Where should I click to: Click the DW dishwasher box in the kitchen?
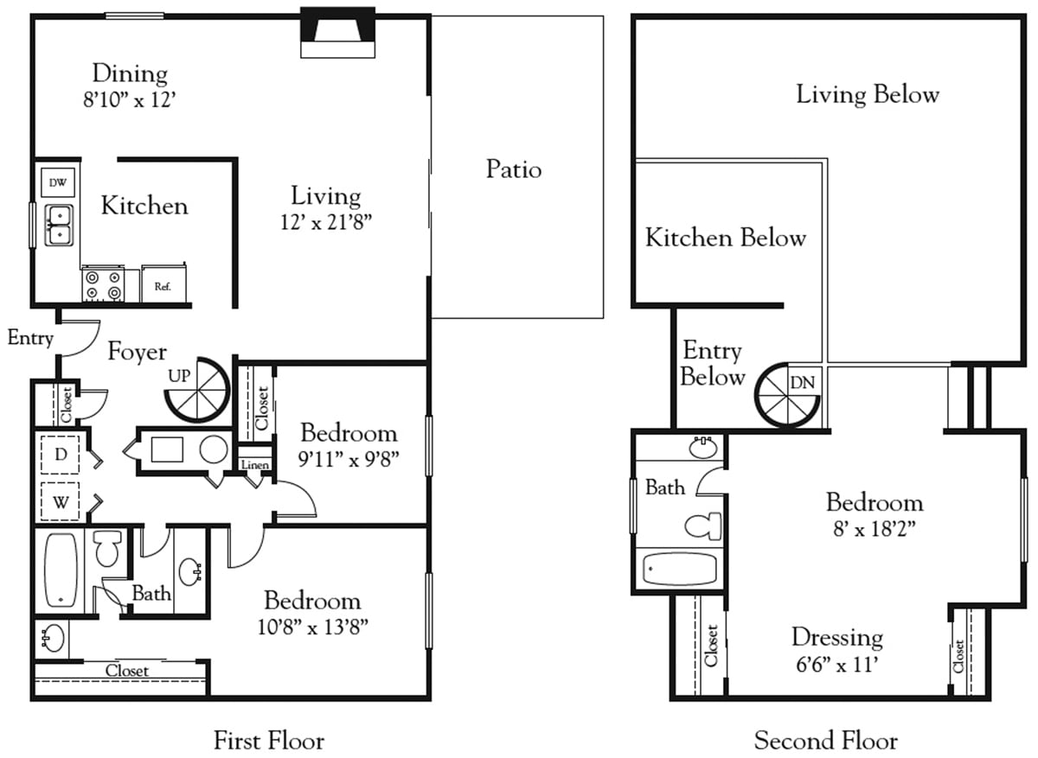58,182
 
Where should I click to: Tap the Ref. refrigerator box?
163,284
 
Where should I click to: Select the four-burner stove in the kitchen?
103,284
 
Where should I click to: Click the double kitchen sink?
59,224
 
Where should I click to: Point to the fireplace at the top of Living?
338,32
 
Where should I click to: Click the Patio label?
514,169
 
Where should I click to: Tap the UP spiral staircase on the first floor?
198,390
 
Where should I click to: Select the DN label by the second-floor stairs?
803,381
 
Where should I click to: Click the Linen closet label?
255,465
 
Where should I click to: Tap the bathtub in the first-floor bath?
61,570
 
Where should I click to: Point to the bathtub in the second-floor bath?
680,569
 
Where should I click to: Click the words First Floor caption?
269,741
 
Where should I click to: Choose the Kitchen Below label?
725,238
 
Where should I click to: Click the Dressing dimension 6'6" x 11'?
836,665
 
